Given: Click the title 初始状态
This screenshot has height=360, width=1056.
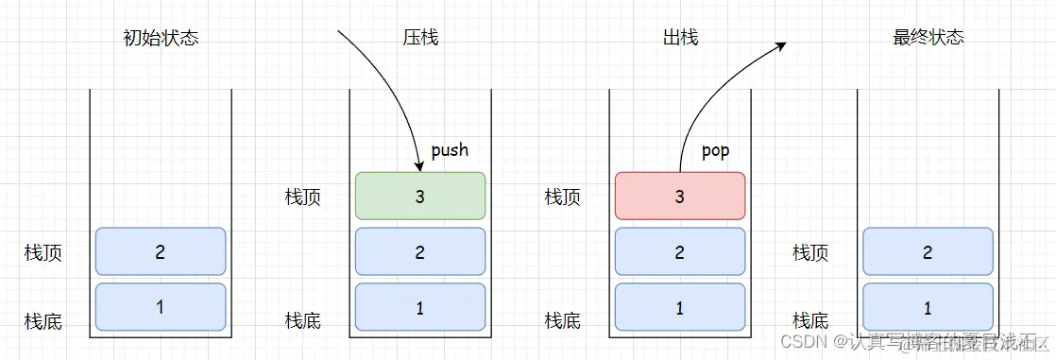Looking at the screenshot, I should tap(161, 39).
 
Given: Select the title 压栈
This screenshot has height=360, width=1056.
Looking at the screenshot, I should tap(420, 39).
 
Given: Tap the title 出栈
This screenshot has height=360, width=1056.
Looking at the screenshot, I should tap(680, 39).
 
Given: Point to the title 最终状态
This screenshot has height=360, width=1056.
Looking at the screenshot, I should tap(928, 39).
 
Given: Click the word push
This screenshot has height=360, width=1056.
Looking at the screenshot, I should tap(450, 150).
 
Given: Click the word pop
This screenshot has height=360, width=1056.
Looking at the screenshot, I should tap(715, 151).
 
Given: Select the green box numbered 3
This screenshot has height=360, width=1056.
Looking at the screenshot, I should tap(420, 197).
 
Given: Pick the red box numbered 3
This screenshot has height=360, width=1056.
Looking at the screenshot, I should tap(680, 197).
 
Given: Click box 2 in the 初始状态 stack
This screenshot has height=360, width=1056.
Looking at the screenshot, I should tap(161, 252).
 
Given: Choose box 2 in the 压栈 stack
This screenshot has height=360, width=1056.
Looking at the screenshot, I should tap(420, 252).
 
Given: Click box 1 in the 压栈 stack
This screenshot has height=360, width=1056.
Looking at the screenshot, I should tap(420, 308).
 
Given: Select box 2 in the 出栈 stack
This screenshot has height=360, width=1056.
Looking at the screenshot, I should tap(680, 252).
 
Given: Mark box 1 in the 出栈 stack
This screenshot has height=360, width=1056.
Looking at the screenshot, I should tap(680, 308).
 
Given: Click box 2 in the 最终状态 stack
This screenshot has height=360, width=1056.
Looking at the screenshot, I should tap(928, 252).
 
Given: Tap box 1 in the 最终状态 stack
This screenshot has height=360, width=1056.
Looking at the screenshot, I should tap(928, 308).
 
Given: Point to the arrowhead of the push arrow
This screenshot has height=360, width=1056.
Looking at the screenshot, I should tap(417, 166).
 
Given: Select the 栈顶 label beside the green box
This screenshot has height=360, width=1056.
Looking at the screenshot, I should tap(303, 197).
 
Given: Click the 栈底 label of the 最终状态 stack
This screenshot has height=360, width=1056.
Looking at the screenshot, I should tap(810, 321).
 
